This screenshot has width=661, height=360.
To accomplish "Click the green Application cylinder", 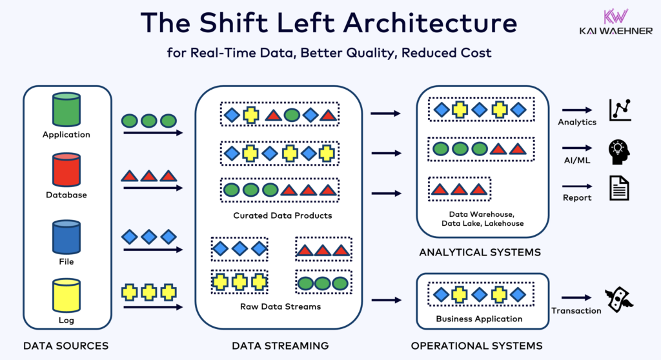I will point(66,110).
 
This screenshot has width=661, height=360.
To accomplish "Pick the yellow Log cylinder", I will point(66,296).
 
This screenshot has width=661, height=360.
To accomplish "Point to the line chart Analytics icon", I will point(620,110).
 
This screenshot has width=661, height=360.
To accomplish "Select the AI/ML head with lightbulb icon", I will point(619,152).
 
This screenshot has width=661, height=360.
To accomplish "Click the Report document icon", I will point(619,188).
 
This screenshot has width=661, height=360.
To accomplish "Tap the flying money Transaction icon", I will point(618,297).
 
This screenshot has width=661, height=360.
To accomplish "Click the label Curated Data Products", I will point(283,215).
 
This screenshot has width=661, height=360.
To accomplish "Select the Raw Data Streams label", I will point(283,306).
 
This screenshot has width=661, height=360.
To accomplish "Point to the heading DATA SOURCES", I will point(66,346).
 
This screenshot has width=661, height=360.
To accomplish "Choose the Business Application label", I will point(479,319).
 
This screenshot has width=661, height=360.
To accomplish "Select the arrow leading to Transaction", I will point(576,297).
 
